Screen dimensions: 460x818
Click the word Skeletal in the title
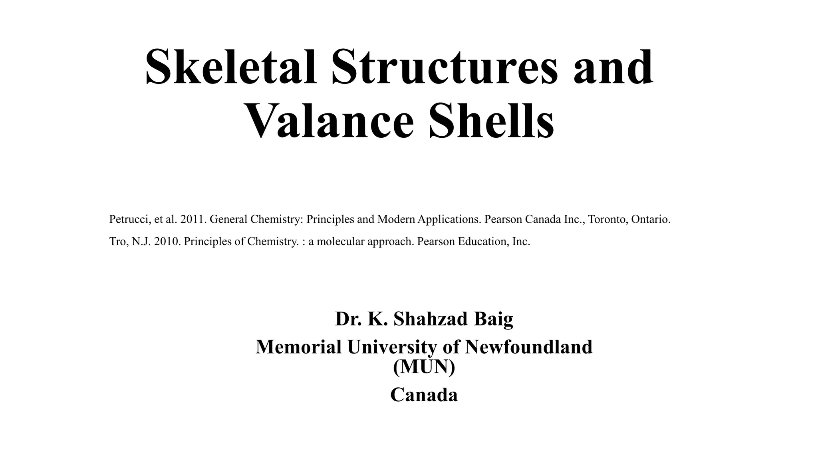pyautogui.click(x=231, y=67)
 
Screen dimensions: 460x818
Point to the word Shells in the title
pyautogui.click(x=491, y=120)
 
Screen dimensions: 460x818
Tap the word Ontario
pyautogui.click(x=651, y=219)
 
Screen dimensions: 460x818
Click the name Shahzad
pyautogui.click(x=431, y=319)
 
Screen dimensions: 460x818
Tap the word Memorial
pyautogui.click(x=298, y=347)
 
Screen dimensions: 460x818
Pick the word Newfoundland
pyautogui.click(x=528, y=347)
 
